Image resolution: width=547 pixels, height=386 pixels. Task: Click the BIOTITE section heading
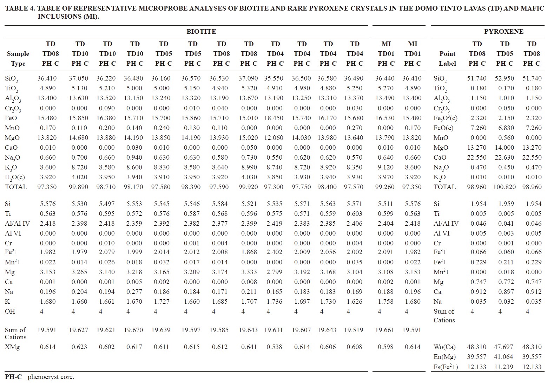tap(201, 32)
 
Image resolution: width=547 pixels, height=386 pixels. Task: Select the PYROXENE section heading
tap(503, 32)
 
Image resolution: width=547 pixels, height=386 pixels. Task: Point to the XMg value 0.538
tap(274, 347)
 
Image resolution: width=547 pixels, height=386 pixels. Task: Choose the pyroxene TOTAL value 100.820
tap(504, 187)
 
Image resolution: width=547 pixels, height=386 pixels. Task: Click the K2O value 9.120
tap(385, 167)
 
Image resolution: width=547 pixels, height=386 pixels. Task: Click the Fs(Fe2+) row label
tap(446, 367)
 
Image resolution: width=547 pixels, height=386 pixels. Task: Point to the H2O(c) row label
tap(15, 178)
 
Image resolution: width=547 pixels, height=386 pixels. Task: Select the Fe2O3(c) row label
tap(446, 118)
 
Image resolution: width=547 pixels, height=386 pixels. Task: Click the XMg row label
tap(12, 347)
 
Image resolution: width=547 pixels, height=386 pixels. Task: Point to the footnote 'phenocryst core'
tap(51, 377)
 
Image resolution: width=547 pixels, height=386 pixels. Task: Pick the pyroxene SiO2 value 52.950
tap(504, 78)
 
